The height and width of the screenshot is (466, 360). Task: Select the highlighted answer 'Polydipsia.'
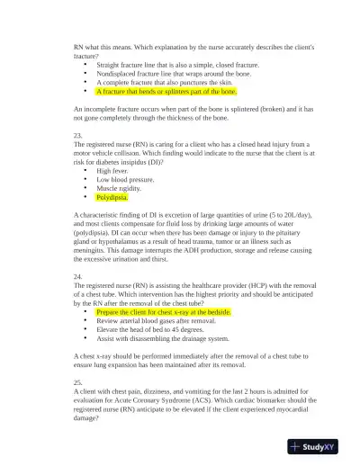tap(112, 196)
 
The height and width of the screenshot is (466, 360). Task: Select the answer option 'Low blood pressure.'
tap(125, 179)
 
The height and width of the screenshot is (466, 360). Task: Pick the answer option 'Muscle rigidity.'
tap(120, 187)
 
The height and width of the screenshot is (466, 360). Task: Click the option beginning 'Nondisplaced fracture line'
tap(166, 74)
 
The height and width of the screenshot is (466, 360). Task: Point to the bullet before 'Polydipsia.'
tap(85, 196)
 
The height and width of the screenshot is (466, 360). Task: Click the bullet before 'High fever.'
tap(85, 170)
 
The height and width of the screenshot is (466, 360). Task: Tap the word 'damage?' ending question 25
tap(88, 418)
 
